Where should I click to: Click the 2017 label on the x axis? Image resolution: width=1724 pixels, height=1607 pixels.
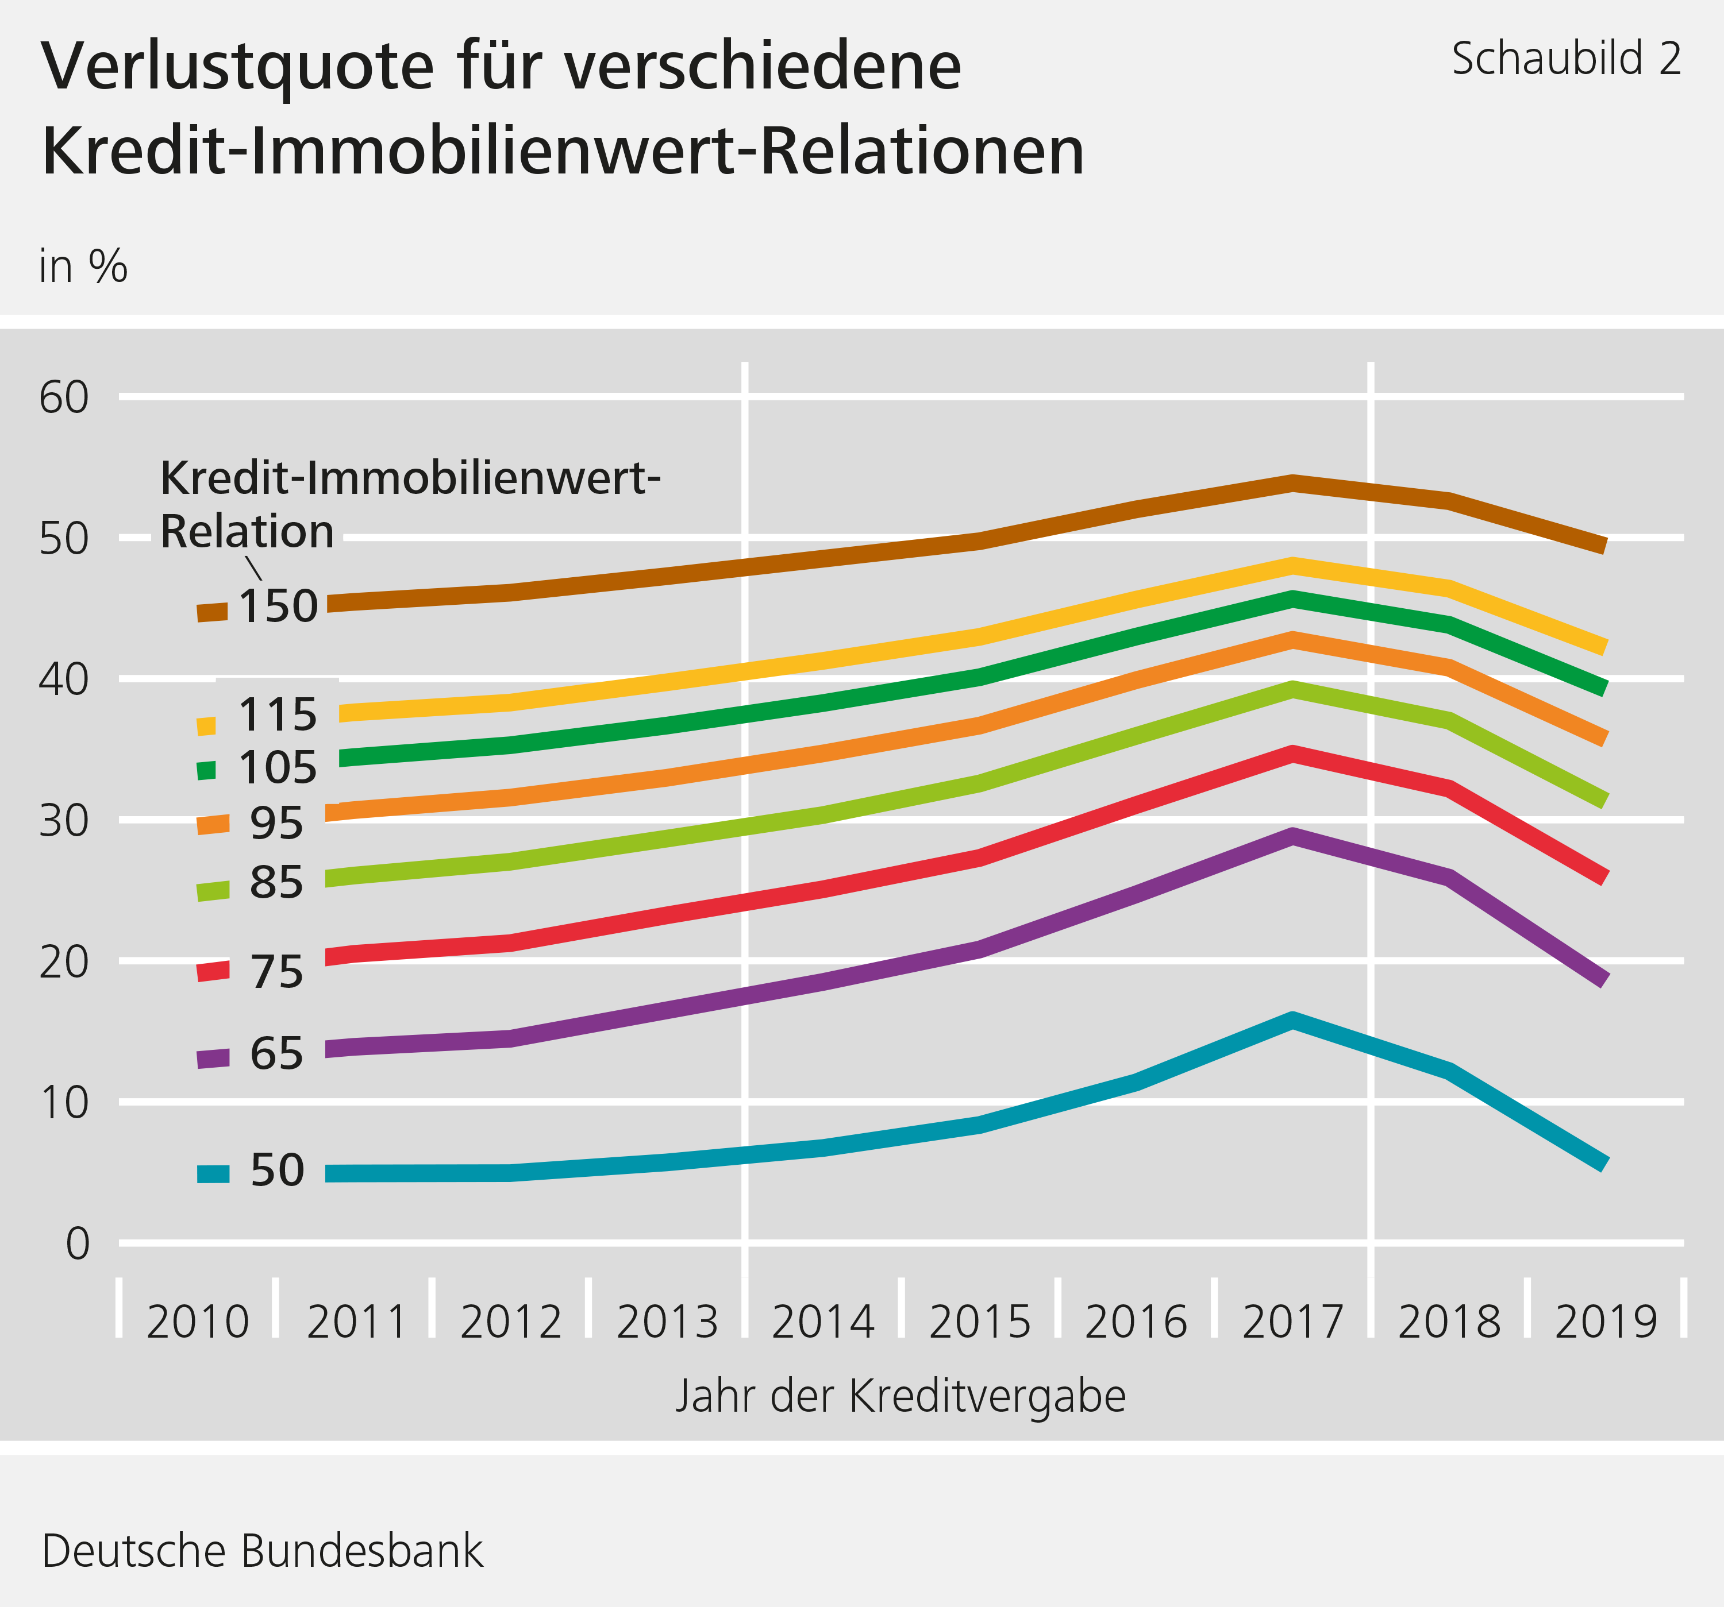(1292, 1322)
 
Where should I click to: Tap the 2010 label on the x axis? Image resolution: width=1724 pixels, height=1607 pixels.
(198, 1322)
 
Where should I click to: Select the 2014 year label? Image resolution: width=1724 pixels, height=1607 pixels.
(823, 1322)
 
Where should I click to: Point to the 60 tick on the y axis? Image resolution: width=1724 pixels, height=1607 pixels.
(64, 398)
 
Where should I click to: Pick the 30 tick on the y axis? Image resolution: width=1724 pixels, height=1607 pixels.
(64, 821)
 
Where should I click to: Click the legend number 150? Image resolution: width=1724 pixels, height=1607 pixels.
(278, 607)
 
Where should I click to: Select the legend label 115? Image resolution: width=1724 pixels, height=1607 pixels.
(278, 715)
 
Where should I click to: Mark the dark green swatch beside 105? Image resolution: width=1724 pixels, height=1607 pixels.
(206, 770)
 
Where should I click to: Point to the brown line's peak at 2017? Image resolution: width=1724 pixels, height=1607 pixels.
(1292, 484)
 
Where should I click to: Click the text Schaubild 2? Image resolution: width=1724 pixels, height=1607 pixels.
(1566, 60)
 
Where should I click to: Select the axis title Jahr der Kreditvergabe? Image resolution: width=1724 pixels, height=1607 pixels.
(900, 1396)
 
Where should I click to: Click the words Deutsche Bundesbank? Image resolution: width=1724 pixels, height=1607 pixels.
(262, 1551)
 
